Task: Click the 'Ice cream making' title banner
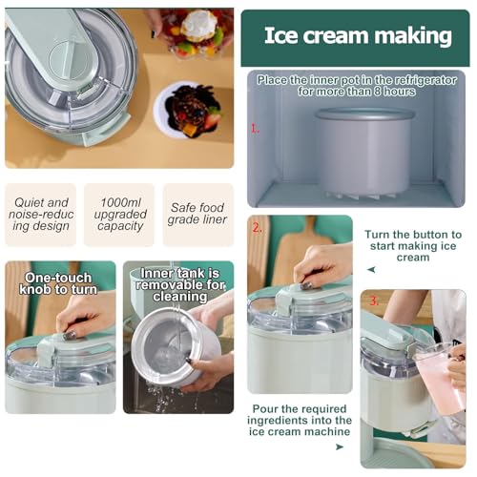click(x=357, y=36)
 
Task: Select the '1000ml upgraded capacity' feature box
click(x=119, y=215)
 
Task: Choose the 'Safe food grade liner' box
click(x=197, y=215)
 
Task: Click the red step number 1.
click(x=255, y=127)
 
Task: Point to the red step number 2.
click(x=257, y=227)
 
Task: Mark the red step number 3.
click(x=373, y=301)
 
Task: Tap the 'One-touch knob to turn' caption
click(x=59, y=284)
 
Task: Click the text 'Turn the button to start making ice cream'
click(x=413, y=245)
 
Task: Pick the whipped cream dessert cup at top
click(x=198, y=29)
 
